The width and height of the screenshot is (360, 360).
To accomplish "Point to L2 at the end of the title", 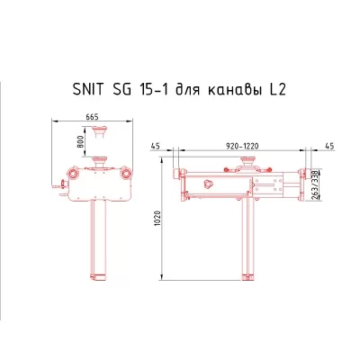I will tap(279, 90).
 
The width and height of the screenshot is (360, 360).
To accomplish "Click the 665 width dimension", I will tap(94, 115).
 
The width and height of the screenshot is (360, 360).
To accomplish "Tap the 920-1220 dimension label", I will tap(243, 144).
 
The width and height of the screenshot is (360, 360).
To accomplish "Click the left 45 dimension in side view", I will tap(156, 144).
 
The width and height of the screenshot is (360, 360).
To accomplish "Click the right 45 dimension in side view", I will tap(328, 144).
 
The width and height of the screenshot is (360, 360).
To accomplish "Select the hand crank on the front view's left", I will tap(59, 188).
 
